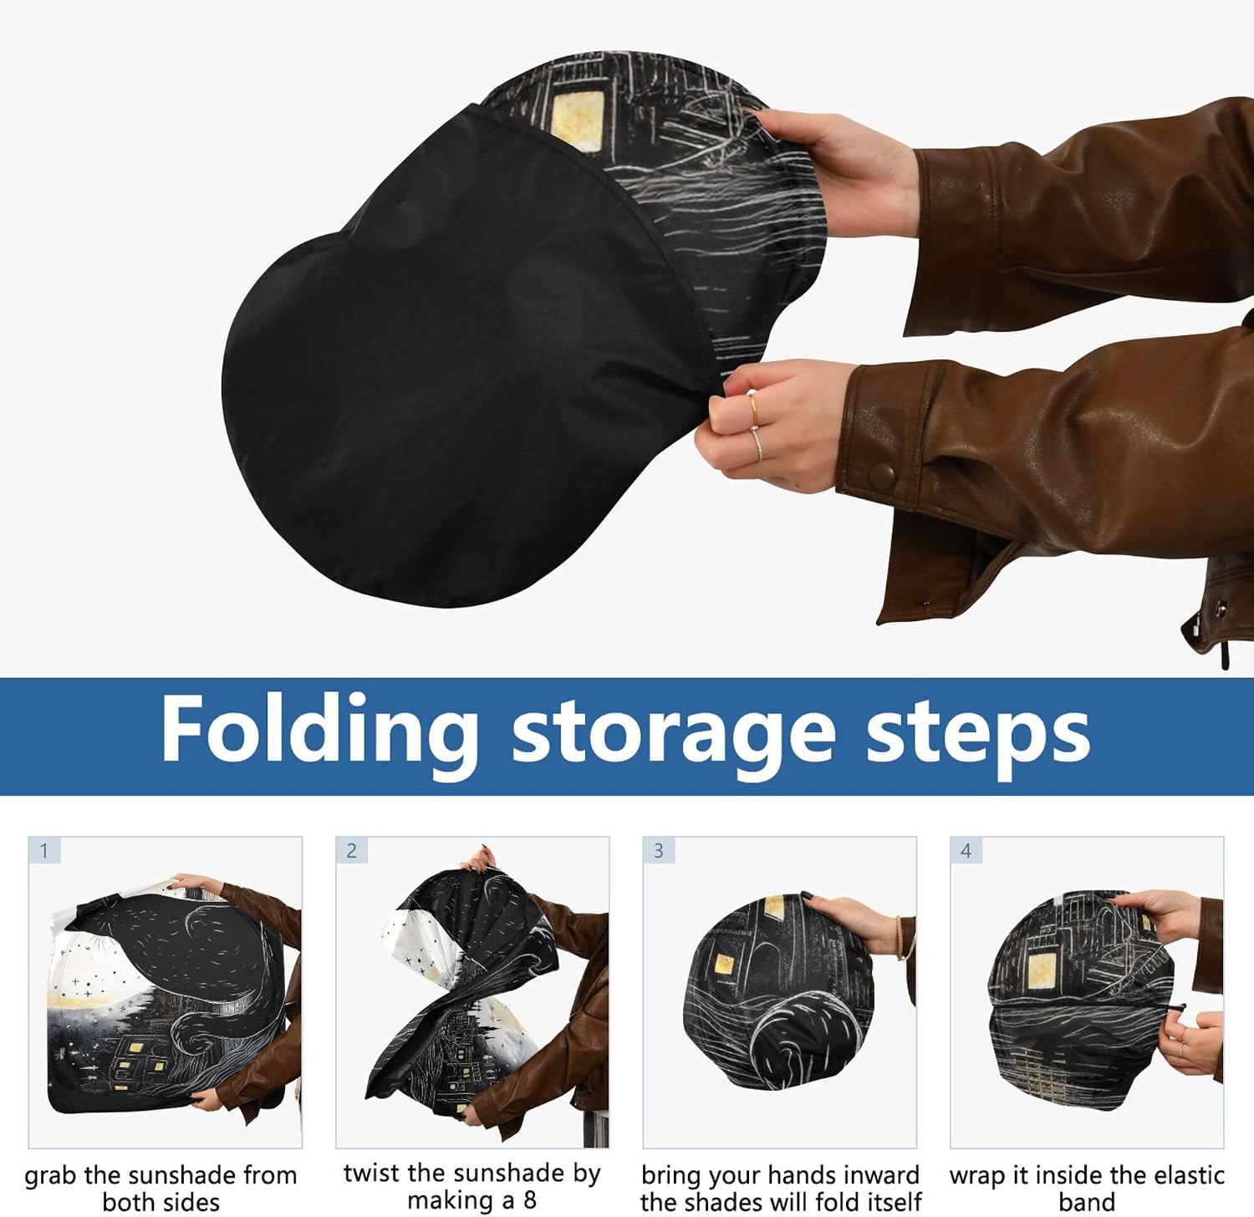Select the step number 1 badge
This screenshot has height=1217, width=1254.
(x=44, y=851)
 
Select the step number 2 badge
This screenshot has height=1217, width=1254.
(x=351, y=851)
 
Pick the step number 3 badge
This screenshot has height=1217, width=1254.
(x=659, y=851)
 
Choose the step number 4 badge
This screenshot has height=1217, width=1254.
(x=966, y=851)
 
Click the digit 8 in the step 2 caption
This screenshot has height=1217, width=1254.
(x=529, y=1200)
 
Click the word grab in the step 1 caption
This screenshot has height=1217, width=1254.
(x=51, y=1177)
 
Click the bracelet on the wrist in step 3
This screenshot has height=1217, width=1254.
(x=900, y=936)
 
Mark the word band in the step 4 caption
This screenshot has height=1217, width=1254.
(x=1087, y=1202)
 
